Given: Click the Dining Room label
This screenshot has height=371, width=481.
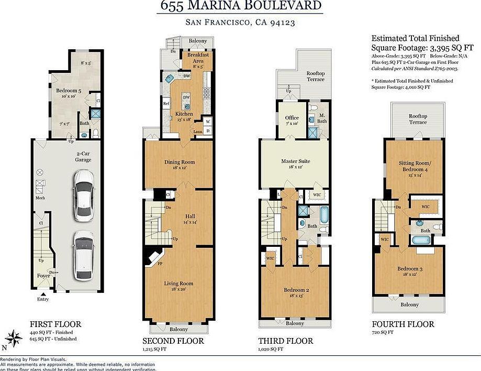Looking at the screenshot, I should tap(180, 161).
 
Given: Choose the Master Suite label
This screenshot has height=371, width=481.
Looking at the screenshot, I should tap(294, 161).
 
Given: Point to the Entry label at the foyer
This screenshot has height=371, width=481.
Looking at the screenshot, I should tap(43, 299).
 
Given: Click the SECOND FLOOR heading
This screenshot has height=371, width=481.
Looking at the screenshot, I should tap(173, 341).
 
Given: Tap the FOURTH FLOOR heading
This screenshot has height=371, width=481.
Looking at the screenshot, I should tap(402, 324).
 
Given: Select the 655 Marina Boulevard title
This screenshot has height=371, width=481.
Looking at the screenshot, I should tap(240, 6).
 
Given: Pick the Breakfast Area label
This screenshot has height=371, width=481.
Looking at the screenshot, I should tap(198, 58).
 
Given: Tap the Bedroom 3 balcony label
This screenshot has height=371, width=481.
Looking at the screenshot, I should tap(409, 304).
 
